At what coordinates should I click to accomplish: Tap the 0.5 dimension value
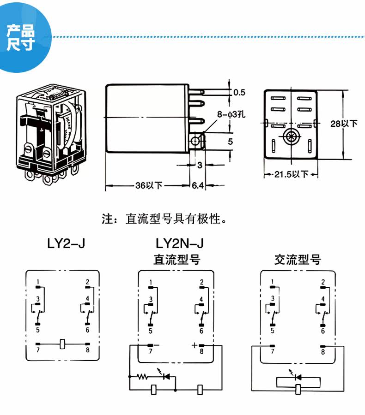[239, 92]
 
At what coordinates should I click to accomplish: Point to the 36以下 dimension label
[149, 186]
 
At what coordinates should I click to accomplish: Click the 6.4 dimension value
[198, 186]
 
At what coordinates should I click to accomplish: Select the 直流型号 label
[177, 260]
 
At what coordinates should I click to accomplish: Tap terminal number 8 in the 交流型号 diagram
[322, 352]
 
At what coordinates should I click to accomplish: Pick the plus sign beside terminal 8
[194, 345]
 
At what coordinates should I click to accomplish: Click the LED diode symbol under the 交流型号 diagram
[298, 377]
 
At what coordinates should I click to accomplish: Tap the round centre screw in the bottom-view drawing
[291, 136]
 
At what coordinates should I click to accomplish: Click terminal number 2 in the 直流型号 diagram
[201, 282]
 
